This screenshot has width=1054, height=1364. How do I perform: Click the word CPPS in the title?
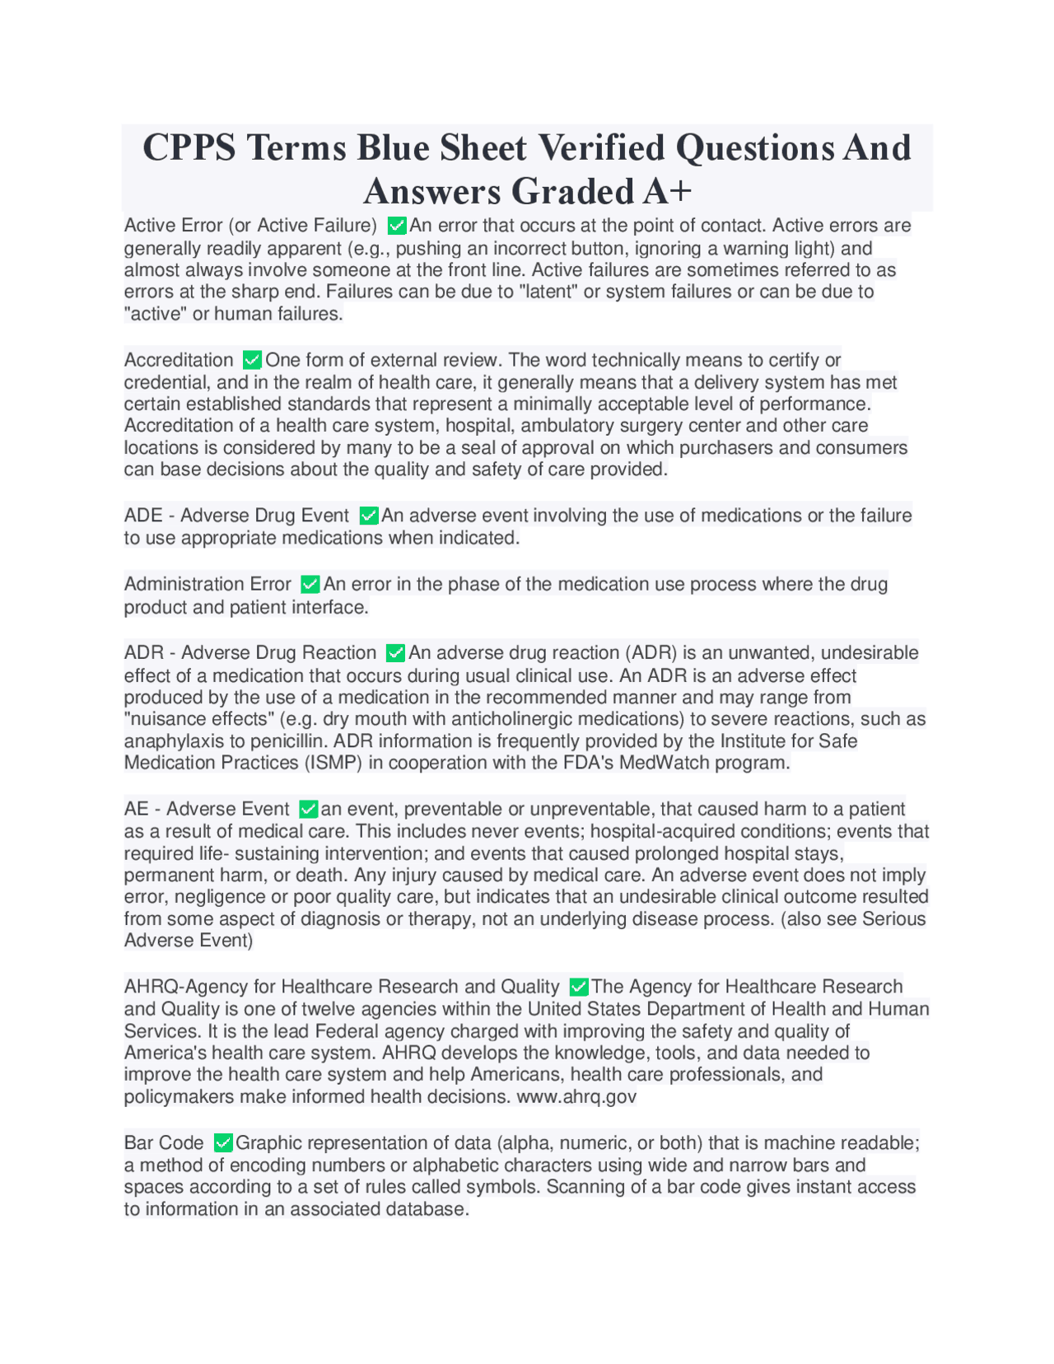[189, 148]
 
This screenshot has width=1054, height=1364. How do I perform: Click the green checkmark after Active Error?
[396, 226]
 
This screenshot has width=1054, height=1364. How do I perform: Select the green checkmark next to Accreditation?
[252, 360]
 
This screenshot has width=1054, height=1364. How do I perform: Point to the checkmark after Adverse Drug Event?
[368, 516]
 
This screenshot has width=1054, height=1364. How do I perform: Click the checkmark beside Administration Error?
[310, 584]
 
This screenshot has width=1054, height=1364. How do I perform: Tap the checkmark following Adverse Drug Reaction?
[395, 653]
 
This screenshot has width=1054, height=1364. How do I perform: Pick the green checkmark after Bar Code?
[222, 1143]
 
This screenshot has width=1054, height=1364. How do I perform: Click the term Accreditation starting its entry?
[179, 360]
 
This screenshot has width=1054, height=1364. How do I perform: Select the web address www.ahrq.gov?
[576, 1096]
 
